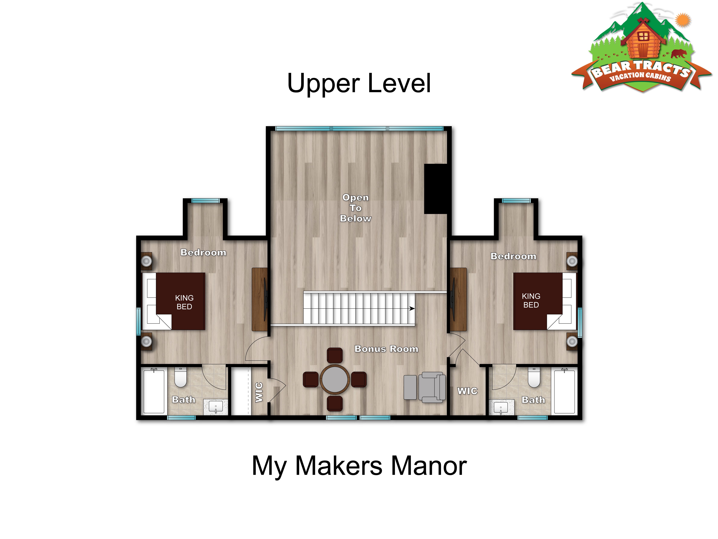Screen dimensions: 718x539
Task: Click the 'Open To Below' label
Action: pos(355,208)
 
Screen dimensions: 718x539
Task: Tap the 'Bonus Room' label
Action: pos(386,349)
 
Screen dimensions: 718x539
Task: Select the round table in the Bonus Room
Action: pos(335,379)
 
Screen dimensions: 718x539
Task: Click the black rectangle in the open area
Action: pos(436,189)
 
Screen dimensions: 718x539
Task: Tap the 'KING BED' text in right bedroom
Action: pos(531,301)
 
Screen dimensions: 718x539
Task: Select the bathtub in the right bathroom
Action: pos(564,392)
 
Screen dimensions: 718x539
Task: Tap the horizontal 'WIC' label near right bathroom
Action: pos(467,391)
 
